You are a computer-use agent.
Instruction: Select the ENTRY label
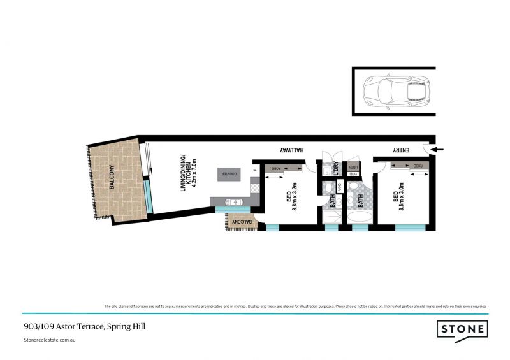click(400, 150)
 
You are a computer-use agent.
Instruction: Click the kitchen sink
click(234, 202)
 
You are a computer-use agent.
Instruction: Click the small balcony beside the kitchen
click(240, 221)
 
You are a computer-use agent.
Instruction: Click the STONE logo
click(462, 329)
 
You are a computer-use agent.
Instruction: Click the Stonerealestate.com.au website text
click(50, 341)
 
